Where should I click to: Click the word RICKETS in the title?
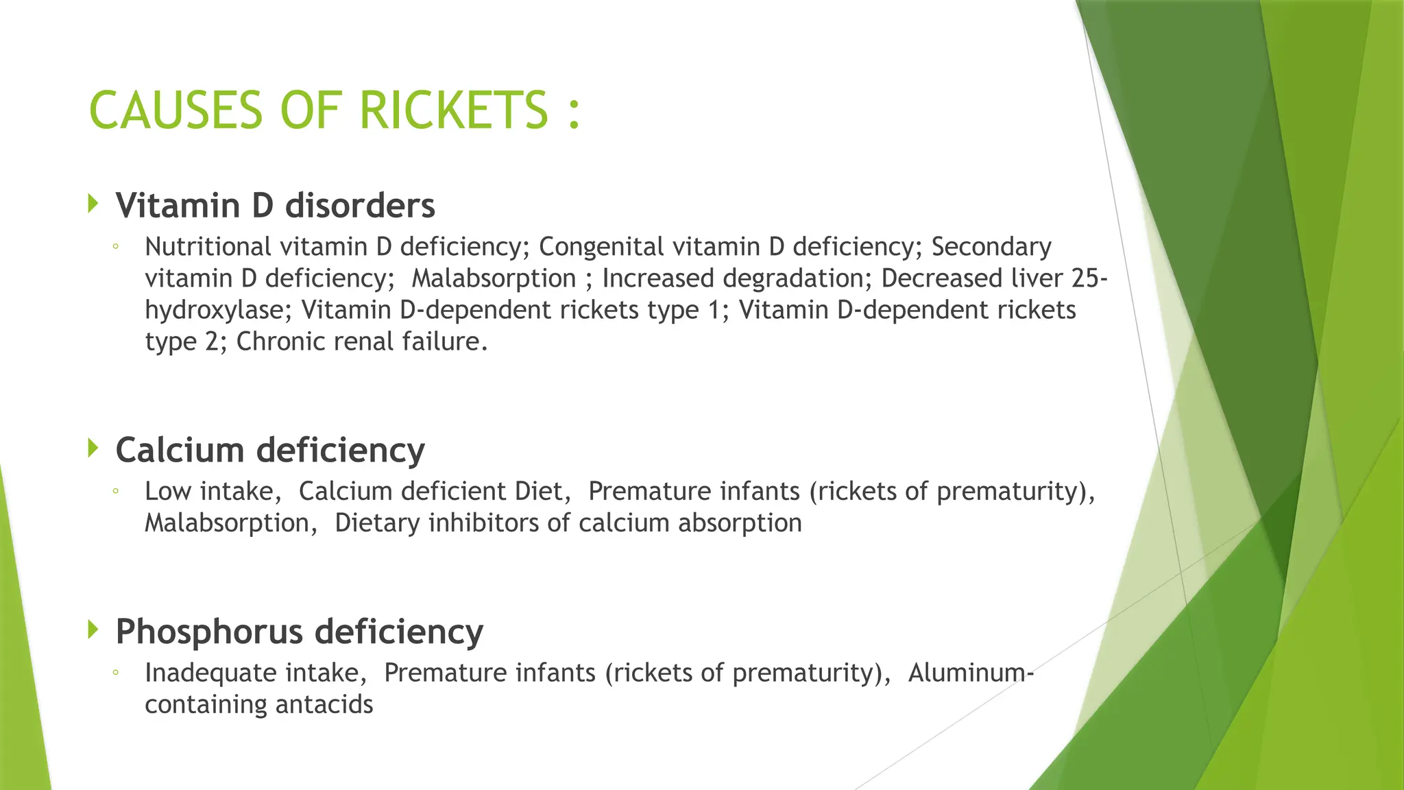pos(453,110)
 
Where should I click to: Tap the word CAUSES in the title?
pos(175,110)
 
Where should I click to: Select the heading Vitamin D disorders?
pos(275,205)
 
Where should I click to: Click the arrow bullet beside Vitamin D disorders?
pos(94,203)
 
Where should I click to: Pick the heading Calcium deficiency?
pos(270,450)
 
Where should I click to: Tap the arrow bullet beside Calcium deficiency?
pos(94,448)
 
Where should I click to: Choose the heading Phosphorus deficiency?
pos(300,631)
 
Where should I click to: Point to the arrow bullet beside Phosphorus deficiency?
pos(94,629)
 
